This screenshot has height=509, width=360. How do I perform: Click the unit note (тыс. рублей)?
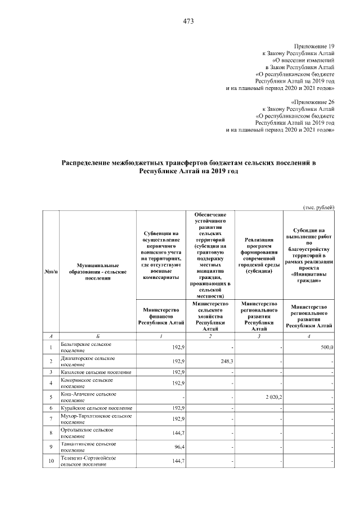pos(319,208)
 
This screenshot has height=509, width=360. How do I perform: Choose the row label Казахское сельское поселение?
pos(95,372)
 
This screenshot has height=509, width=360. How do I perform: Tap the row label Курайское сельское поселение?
pos(95,408)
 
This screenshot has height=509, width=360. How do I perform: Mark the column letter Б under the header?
pos(96,336)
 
